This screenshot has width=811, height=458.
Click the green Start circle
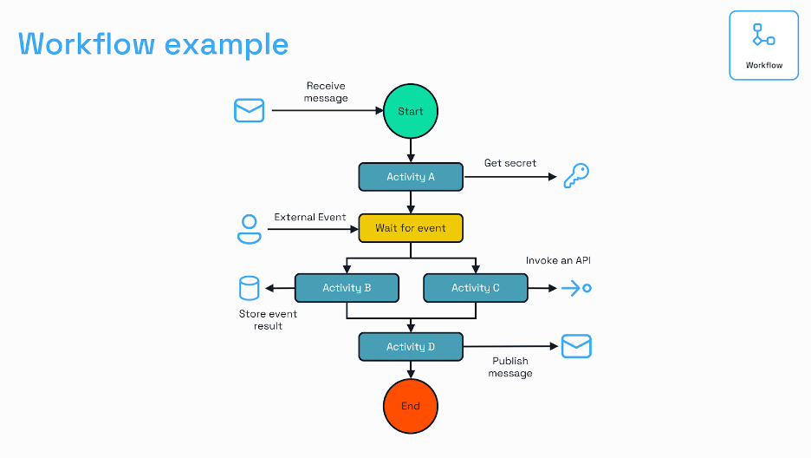click(x=411, y=111)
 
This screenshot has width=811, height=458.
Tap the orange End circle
click(x=411, y=406)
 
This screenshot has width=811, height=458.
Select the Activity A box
click(x=411, y=177)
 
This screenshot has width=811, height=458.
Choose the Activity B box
click(x=347, y=288)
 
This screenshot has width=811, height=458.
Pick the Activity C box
click(x=475, y=288)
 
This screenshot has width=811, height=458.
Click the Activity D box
click(x=411, y=347)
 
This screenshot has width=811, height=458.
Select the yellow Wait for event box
click(x=411, y=228)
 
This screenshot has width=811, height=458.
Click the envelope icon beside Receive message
click(x=250, y=110)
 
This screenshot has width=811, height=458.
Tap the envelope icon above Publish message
click(x=576, y=346)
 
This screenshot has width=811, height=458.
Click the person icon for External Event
click(x=250, y=228)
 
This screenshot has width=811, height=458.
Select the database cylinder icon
click(x=250, y=288)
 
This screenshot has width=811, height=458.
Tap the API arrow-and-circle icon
click(x=576, y=288)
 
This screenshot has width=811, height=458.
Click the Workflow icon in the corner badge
click(x=763, y=36)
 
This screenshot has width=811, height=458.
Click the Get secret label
click(x=509, y=163)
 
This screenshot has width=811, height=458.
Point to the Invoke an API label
click(x=558, y=260)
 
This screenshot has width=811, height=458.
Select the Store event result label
click(x=268, y=320)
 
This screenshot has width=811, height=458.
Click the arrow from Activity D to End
click(x=411, y=370)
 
